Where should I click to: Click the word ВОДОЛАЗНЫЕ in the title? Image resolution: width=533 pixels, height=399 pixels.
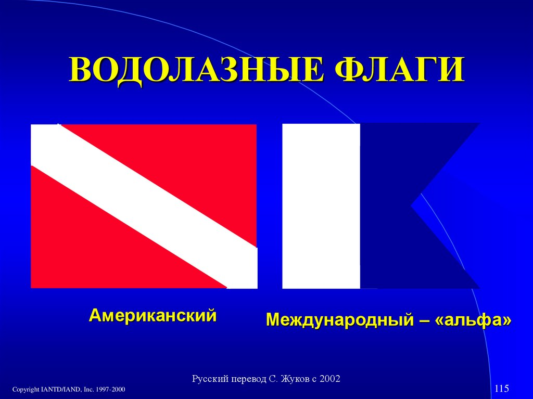[x=196, y=71]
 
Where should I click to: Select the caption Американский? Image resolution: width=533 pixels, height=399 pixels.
[x=153, y=315]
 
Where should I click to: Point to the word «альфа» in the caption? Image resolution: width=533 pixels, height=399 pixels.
[x=473, y=320]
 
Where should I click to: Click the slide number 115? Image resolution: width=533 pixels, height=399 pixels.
[x=502, y=388]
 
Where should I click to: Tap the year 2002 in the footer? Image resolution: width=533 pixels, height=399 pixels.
[x=329, y=379]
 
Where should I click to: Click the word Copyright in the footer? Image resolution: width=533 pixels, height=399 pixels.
[x=26, y=390]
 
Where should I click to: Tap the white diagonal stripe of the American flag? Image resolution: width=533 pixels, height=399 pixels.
[x=144, y=207]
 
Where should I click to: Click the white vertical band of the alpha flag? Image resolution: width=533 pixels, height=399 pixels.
[x=321, y=206]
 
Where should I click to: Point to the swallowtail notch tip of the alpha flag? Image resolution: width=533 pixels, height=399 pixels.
[x=411, y=205]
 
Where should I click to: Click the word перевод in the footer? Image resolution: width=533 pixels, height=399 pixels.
[x=244, y=379]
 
